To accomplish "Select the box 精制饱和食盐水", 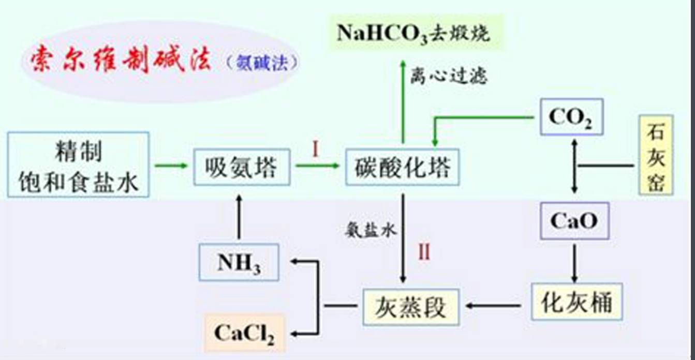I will pyautogui.click(x=79, y=164).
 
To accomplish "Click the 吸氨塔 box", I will pyautogui.click(x=241, y=167).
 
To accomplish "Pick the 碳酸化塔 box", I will pyautogui.click(x=403, y=167).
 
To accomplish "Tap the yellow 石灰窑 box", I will pyautogui.click(x=656, y=155).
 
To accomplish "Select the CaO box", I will pyautogui.click(x=573, y=221).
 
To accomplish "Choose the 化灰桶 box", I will pyautogui.click(x=576, y=302).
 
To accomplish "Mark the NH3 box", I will pyautogui.click(x=239, y=262).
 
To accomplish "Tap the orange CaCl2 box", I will pyautogui.click(x=244, y=333).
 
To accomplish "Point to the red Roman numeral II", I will pyautogui.click(x=424, y=252).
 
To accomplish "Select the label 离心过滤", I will pyautogui.click(x=449, y=77).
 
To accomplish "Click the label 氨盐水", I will pyautogui.click(x=371, y=229).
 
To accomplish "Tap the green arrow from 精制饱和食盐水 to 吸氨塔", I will pyautogui.click(x=171, y=166).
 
